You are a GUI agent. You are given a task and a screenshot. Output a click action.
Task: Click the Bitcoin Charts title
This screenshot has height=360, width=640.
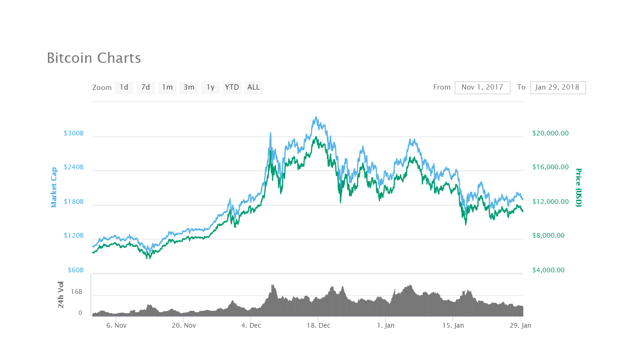[94, 58]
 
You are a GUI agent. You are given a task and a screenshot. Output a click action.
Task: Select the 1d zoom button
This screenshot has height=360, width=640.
[124, 87]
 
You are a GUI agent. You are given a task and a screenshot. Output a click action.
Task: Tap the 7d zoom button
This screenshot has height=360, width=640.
[146, 87]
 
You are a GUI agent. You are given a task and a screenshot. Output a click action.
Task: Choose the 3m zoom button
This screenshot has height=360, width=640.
[189, 87]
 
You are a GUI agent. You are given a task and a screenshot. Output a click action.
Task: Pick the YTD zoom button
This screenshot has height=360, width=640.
[232, 87]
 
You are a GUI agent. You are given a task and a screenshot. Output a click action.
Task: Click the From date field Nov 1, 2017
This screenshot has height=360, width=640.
[482, 87]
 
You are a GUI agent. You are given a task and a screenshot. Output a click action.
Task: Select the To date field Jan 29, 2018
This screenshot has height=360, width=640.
[558, 87]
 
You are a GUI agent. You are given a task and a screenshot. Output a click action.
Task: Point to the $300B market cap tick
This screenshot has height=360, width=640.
[74, 133]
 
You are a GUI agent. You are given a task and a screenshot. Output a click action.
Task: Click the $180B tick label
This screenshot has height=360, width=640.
[74, 202]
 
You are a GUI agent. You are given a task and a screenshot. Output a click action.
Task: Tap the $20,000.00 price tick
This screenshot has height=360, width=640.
[551, 133]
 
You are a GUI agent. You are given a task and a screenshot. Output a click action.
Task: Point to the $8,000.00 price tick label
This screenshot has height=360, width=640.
[551, 236]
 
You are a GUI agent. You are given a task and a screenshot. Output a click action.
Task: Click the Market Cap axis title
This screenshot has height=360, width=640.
[54, 187]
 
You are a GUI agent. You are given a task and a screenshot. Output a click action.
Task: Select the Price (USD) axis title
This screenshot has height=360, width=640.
[578, 187]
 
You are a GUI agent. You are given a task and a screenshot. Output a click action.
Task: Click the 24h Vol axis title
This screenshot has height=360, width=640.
[61, 294]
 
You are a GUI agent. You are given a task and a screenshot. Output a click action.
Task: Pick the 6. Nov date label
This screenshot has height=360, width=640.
[117, 325]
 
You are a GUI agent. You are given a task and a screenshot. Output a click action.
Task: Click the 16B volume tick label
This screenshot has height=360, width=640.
[77, 292]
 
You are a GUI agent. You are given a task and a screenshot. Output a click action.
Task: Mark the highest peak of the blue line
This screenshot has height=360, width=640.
[316, 117]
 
